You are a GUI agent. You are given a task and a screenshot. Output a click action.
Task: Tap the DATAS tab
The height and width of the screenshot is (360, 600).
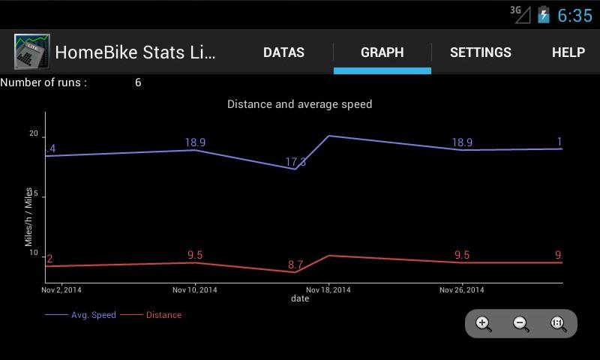(283, 52)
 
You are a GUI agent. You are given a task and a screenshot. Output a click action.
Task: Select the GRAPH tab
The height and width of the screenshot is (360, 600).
(382, 52)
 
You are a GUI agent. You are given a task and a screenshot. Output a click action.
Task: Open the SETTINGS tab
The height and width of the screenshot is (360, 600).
(480, 52)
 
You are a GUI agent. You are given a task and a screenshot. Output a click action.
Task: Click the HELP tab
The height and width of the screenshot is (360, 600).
(568, 52)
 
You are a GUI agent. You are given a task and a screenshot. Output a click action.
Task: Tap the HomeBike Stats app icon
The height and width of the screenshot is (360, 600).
(32, 52)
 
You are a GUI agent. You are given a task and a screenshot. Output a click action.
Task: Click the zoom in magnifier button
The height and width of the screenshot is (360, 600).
(484, 324)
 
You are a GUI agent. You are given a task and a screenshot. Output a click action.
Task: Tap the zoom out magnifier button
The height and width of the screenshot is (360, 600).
(520, 324)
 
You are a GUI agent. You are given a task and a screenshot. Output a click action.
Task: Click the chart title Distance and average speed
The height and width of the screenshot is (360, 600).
(299, 104)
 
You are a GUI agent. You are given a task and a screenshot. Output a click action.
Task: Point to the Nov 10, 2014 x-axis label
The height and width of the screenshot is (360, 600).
(195, 289)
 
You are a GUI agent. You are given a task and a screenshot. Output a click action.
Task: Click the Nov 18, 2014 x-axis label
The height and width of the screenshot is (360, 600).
(328, 289)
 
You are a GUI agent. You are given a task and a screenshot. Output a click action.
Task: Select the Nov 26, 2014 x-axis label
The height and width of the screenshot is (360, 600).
(461, 289)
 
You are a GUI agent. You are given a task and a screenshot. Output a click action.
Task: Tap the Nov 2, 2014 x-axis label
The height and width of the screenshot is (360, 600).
(61, 289)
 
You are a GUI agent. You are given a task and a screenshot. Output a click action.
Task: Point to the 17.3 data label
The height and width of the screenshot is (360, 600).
(295, 163)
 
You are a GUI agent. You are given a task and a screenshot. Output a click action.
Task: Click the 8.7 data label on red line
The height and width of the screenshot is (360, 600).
(295, 265)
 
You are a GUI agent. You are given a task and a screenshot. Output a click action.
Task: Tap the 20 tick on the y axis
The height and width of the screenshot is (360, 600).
(33, 133)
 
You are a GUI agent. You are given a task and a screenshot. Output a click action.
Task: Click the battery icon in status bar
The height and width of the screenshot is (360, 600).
(544, 15)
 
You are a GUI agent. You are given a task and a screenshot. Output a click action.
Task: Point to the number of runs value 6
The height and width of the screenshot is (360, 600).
(138, 82)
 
